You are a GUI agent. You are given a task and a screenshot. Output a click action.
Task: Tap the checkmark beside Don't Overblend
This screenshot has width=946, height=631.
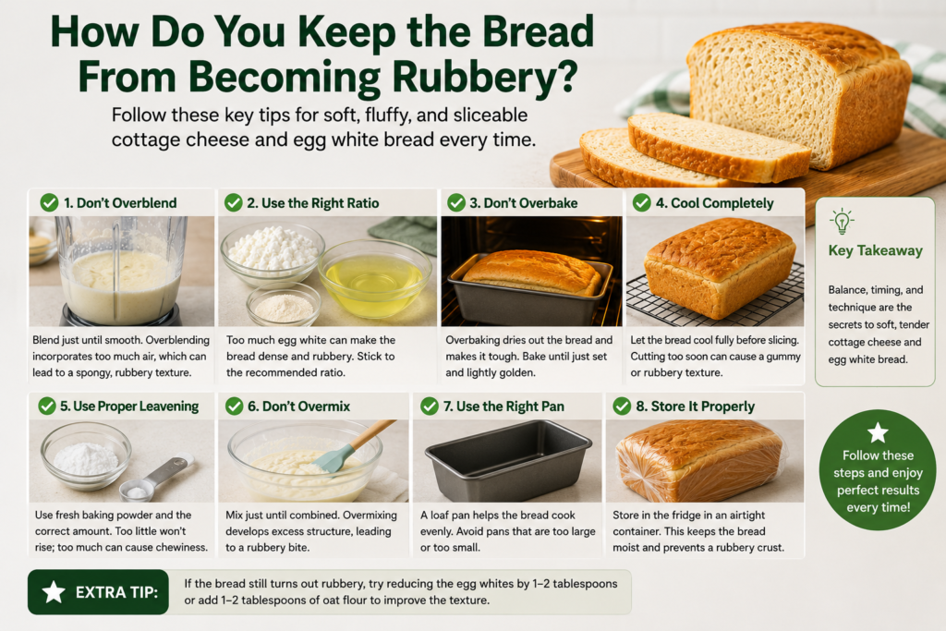point(49,202)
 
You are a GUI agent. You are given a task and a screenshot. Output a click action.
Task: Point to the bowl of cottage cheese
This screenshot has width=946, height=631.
point(273,253)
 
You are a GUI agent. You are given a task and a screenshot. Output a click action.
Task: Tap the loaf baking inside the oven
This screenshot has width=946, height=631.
point(532,273)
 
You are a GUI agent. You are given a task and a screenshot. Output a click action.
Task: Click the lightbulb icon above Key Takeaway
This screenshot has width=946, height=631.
point(842,222)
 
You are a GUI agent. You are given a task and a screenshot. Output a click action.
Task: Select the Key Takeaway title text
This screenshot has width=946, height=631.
point(876,250)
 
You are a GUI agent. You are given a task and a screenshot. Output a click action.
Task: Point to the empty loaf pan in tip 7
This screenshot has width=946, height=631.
point(508,460)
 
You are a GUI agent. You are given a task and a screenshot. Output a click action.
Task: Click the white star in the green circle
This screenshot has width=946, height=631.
point(878,432)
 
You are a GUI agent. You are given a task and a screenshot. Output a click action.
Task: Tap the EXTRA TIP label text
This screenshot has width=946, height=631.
point(116,592)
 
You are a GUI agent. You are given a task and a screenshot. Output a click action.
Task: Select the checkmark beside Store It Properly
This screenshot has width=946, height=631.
point(622,407)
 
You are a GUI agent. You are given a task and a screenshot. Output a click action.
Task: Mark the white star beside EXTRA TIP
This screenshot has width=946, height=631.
point(54,592)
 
